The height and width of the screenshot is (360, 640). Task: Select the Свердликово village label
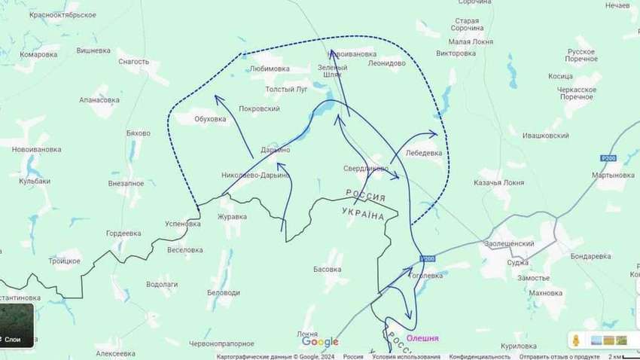366,168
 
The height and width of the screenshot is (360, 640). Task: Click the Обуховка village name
210,119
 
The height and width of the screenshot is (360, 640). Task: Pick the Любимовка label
270,69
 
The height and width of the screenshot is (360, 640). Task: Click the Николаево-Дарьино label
256,175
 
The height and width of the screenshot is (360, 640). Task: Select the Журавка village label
232,217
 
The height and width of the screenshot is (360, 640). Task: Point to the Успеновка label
183,224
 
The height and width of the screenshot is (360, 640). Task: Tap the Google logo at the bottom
320,343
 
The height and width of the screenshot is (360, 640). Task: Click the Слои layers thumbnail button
17,325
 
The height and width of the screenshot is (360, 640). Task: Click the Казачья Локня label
498,183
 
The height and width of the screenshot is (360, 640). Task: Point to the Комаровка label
39,55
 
